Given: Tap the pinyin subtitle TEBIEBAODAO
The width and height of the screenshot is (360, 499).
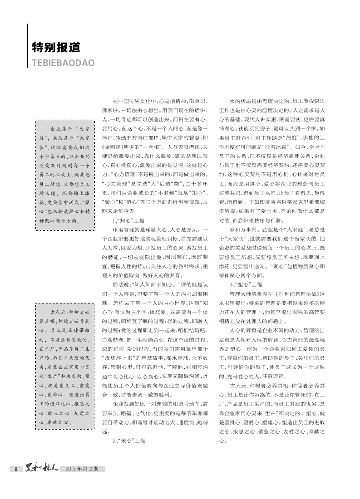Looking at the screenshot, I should [63, 63].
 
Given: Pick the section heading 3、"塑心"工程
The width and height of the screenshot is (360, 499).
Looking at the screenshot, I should [246, 284].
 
